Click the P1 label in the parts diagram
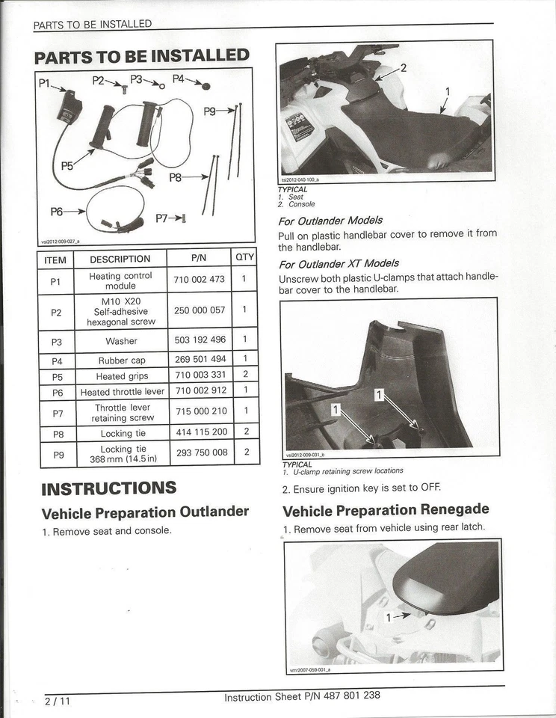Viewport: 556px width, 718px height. point(43,84)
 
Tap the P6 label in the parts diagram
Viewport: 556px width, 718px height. point(57,212)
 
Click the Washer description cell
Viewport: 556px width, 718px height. point(121,340)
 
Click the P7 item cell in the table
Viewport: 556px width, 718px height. point(56,413)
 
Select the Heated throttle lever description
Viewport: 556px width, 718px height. point(122,392)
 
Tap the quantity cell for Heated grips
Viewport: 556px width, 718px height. point(245,375)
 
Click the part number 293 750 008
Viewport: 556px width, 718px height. point(200,452)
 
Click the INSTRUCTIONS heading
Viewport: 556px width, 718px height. point(108,489)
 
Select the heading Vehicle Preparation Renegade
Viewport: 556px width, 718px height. point(386,510)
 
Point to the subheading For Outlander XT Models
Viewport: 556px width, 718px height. point(339,263)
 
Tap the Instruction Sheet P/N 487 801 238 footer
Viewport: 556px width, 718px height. point(302,696)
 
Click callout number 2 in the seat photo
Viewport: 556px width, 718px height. point(403,68)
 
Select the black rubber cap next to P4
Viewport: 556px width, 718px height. point(206,86)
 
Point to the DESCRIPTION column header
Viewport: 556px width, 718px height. point(120,260)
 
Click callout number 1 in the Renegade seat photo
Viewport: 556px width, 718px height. point(388,617)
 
